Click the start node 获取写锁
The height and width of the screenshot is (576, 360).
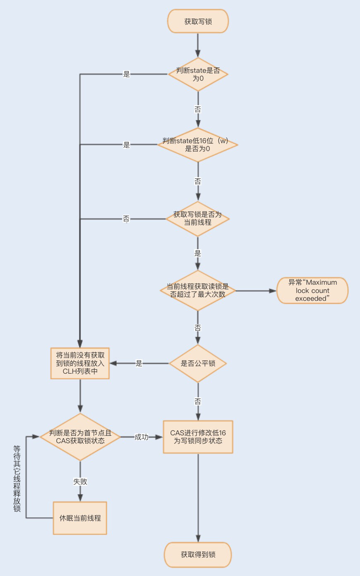pyautogui.click(x=198, y=21)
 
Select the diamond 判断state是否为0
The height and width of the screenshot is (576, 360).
pyautogui.click(x=198, y=74)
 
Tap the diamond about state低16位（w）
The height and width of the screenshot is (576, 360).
pyautogui.click(x=198, y=144)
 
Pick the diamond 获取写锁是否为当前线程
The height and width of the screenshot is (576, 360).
pyautogui.click(x=198, y=218)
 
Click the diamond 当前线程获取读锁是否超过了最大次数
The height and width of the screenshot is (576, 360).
pyautogui.click(x=198, y=290)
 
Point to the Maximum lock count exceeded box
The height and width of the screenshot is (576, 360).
pyautogui.click(x=312, y=290)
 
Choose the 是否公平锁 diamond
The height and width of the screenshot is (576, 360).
pyautogui.click(x=198, y=363)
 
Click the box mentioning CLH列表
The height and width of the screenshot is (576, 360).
pyautogui.click(x=80, y=363)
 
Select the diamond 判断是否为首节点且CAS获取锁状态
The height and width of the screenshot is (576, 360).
pyautogui.click(x=80, y=437)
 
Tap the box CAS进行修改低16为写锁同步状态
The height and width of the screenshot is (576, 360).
pyautogui.click(x=198, y=437)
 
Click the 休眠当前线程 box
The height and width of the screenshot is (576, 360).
pyautogui.click(x=80, y=518)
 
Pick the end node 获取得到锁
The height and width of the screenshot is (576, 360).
pyautogui.click(x=198, y=554)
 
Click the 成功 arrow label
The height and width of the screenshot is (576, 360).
pyautogui.click(x=141, y=437)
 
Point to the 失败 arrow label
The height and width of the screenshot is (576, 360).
pyautogui.click(x=80, y=482)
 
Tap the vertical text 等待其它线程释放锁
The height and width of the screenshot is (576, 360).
pyautogui.click(x=17, y=478)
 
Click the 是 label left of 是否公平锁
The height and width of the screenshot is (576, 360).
pyautogui.click(x=139, y=363)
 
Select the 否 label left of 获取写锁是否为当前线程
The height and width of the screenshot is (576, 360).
pyautogui.click(x=126, y=218)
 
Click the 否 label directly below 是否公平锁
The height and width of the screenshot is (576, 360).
pyautogui.click(x=198, y=401)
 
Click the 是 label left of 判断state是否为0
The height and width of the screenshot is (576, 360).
pyautogui.click(x=127, y=74)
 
